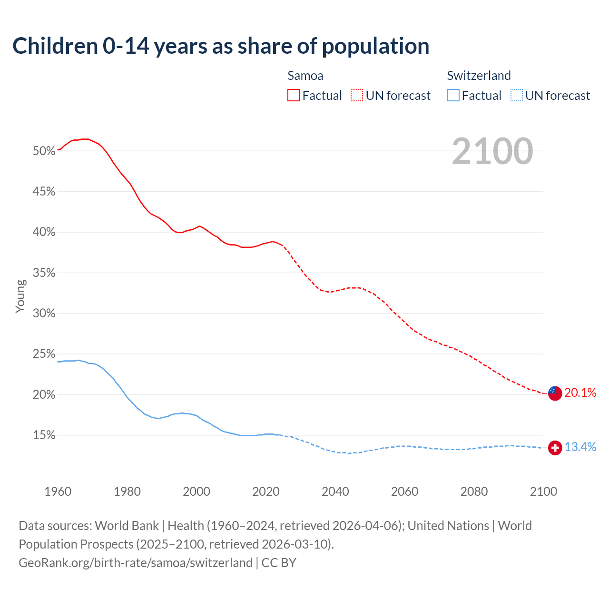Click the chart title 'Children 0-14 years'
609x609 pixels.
(221, 46)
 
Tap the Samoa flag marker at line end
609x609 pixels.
(555, 393)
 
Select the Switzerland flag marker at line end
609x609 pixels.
(555, 448)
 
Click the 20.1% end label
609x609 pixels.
(580, 393)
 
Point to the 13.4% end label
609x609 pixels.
(580, 447)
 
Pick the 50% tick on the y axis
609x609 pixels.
(44, 151)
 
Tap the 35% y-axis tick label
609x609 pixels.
(44, 273)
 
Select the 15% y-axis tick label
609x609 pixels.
(44, 435)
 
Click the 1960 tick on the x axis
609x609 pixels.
(58, 491)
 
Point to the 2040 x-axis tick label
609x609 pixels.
(335, 491)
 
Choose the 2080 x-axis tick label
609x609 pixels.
(474, 491)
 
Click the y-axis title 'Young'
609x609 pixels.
(20, 296)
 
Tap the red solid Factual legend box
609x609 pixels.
(294, 96)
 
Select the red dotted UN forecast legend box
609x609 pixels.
(357, 96)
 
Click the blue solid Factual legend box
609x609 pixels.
(453, 96)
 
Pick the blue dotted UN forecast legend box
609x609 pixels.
(516, 96)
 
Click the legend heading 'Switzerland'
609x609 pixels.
(479, 76)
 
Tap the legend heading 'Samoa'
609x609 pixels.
(305, 76)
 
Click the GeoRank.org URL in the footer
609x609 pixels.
(136, 563)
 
